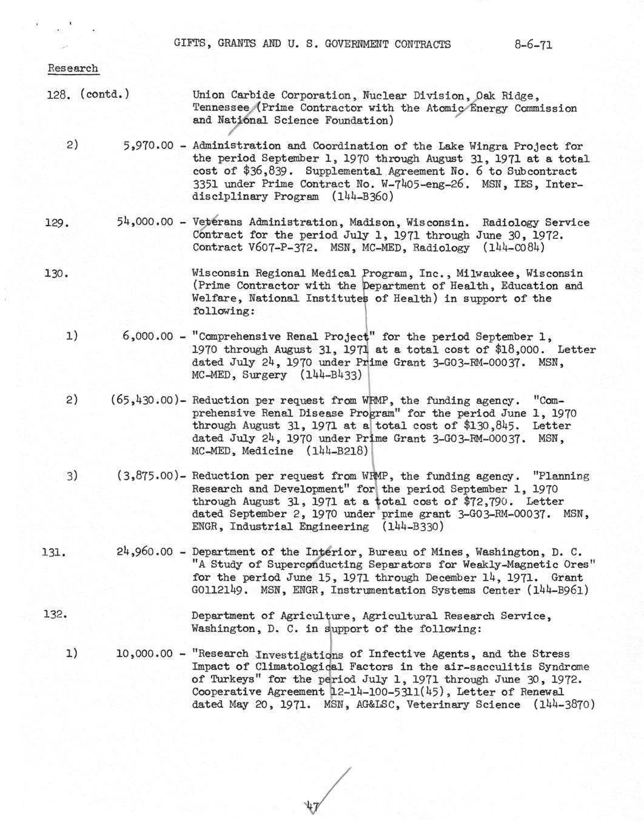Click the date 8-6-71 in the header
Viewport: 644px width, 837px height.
coord(532,44)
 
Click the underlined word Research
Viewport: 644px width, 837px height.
coord(73,69)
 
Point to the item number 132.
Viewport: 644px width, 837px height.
coord(55,615)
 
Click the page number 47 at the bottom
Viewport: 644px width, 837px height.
coord(313,805)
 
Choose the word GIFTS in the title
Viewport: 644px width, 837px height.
coord(188,44)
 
